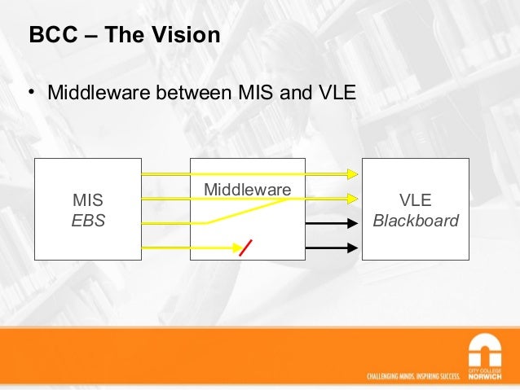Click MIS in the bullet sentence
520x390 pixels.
click(x=256, y=93)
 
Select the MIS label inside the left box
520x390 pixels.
click(x=88, y=200)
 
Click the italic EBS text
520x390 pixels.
click(x=88, y=221)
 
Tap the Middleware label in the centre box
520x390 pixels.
click(x=247, y=190)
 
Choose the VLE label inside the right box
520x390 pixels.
click(x=415, y=200)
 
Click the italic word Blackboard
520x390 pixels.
click(x=415, y=221)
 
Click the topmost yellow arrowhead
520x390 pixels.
click(x=352, y=173)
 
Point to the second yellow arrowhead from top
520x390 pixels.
click(x=352, y=198)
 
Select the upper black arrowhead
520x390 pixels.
click(x=352, y=223)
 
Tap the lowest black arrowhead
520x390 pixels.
click(x=352, y=248)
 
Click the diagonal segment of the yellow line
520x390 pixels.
click(x=248, y=210)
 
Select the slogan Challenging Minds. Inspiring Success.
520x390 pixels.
click(x=413, y=376)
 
